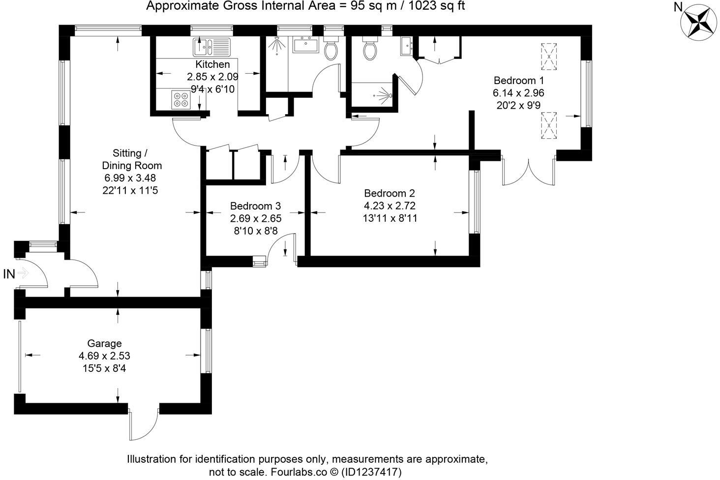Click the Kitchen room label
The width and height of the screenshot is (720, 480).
click(212, 64)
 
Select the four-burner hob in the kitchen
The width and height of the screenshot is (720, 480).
click(181, 100)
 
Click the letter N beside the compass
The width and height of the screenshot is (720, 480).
click(677, 7)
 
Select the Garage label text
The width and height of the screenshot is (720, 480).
click(104, 343)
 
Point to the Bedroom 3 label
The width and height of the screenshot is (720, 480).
click(255, 206)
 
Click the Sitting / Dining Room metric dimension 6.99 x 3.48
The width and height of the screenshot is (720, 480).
click(130, 178)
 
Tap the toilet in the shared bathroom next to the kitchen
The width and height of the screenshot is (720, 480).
click(331, 50)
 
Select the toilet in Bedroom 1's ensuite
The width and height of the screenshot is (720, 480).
click(370, 49)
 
